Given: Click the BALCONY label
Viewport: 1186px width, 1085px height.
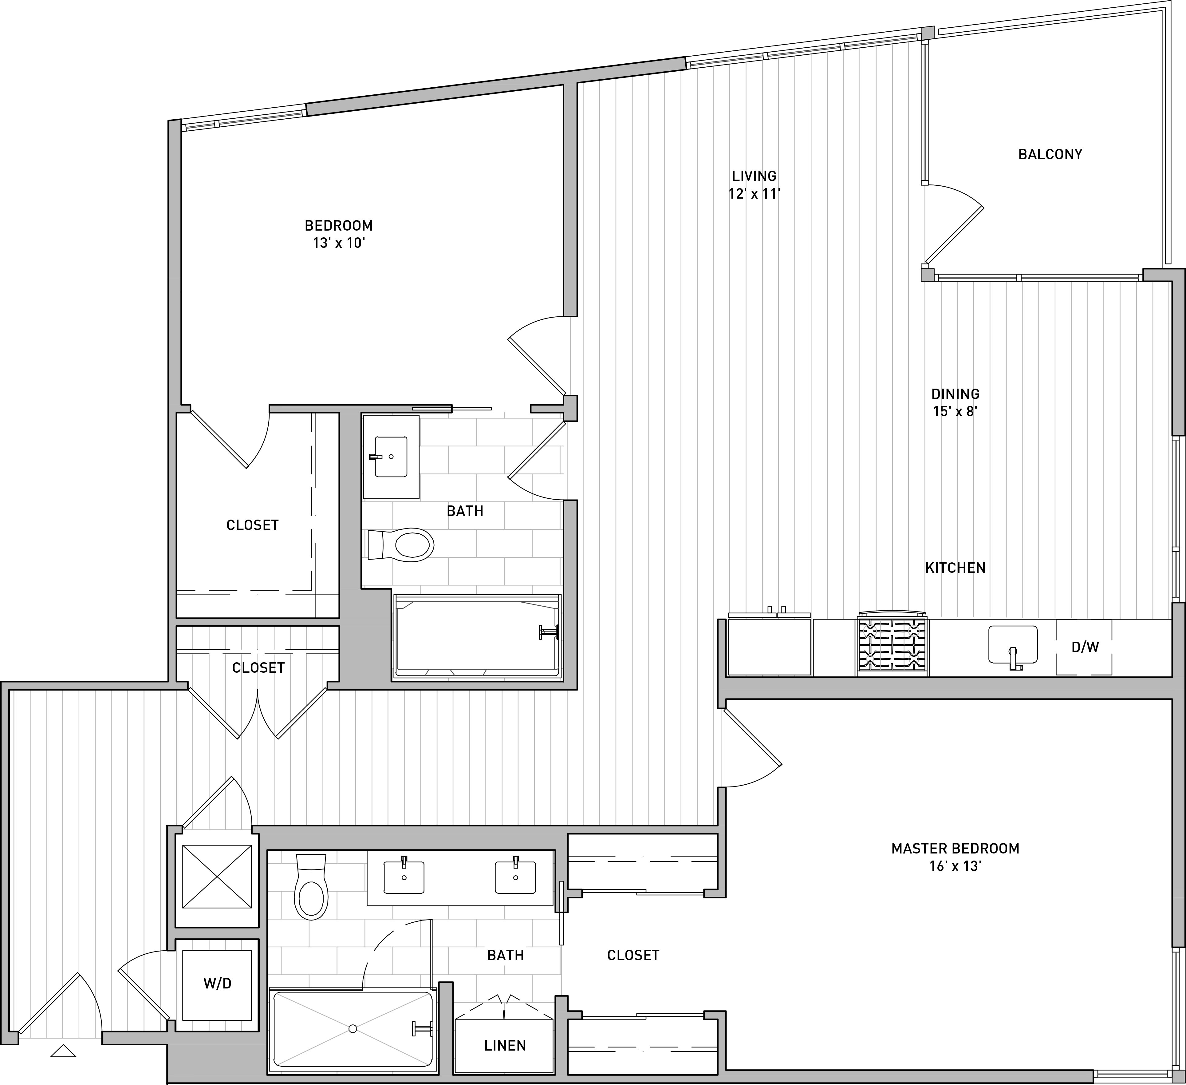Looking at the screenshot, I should coord(1050,154).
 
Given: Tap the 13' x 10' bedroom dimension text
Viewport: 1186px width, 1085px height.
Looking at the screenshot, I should coord(339,243).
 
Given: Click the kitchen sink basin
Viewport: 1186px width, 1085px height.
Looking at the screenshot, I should coord(1012,644).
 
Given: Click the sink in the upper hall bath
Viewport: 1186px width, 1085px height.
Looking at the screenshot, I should coord(391,457).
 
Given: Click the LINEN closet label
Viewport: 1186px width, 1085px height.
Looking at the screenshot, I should coord(505,1046).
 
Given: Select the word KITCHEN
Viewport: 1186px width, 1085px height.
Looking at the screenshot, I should coord(955,568).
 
